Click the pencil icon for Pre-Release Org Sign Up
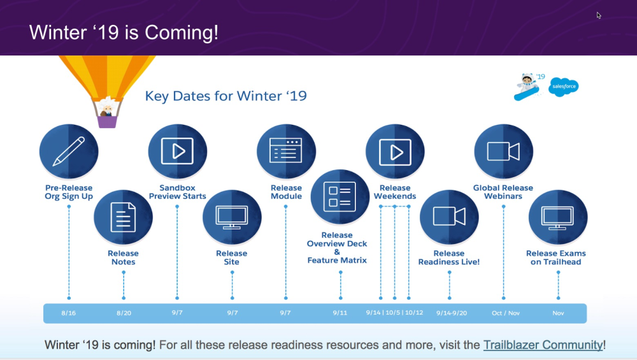click(69, 151)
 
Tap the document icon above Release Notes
click(123, 217)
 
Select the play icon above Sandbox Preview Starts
click(178, 151)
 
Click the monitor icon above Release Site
click(232, 217)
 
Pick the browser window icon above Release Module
click(286, 150)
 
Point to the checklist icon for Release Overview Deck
click(340, 197)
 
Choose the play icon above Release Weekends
click(395, 152)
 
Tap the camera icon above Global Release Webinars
click(503, 152)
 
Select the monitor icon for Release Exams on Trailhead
click(558, 217)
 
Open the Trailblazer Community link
click(543, 345)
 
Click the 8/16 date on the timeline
click(69, 313)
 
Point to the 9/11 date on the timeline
click(340, 313)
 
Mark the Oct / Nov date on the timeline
click(506, 313)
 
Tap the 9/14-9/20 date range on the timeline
click(452, 313)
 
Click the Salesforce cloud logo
click(564, 87)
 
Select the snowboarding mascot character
click(527, 87)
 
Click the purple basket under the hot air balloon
click(107, 122)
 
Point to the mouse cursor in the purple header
click(599, 15)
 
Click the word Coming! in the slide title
click(182, 32)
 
